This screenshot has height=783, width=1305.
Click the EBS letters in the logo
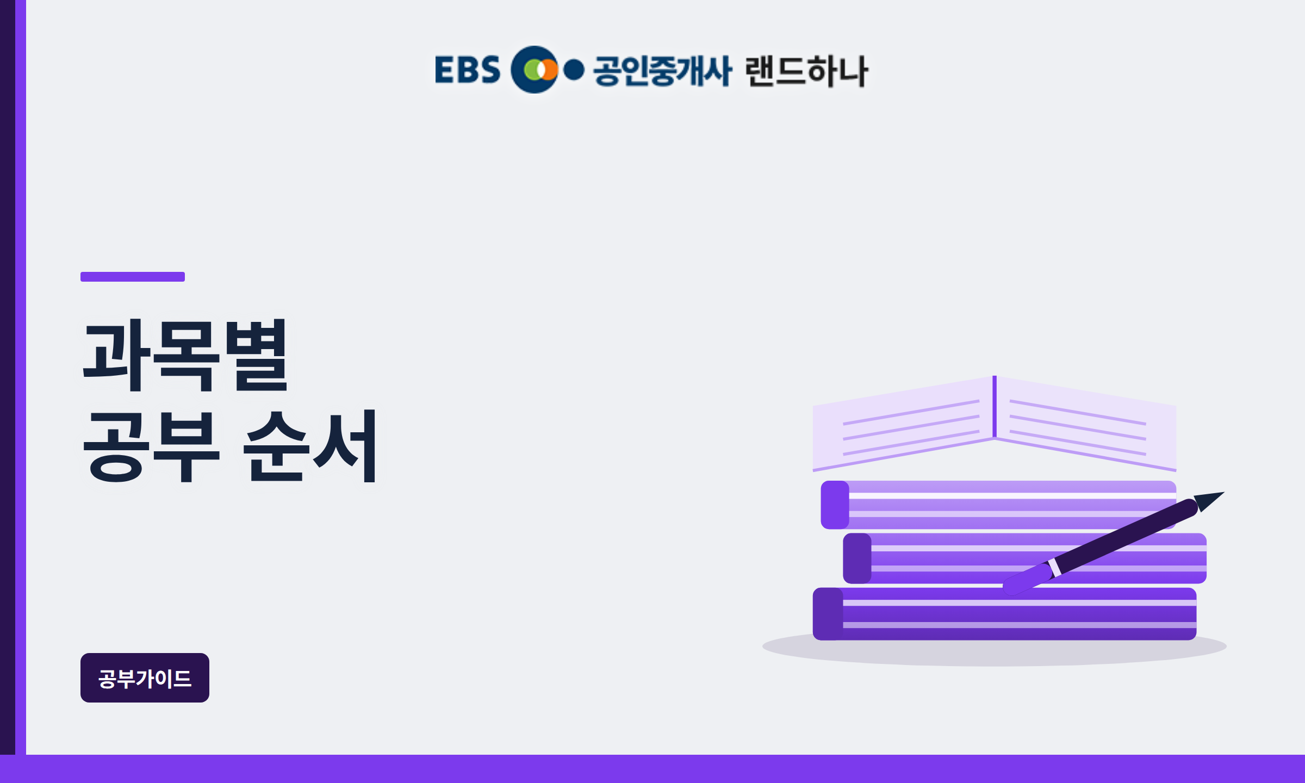467,70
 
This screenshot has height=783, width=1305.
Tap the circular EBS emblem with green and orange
535,70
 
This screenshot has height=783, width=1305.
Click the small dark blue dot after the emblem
574,70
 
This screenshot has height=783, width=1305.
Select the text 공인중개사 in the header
662,71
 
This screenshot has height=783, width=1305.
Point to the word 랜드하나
807,71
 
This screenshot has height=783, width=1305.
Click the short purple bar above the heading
133,277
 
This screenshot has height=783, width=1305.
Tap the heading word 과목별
185,355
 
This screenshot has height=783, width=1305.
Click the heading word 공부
151,446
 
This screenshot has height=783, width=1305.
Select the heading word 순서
310,446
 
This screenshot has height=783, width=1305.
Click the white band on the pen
1054,567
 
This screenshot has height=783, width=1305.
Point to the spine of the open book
995,406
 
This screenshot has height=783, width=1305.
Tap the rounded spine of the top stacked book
835,505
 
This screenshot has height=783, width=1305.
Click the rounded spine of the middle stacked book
857,558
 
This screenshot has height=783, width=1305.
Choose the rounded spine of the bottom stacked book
828,614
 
